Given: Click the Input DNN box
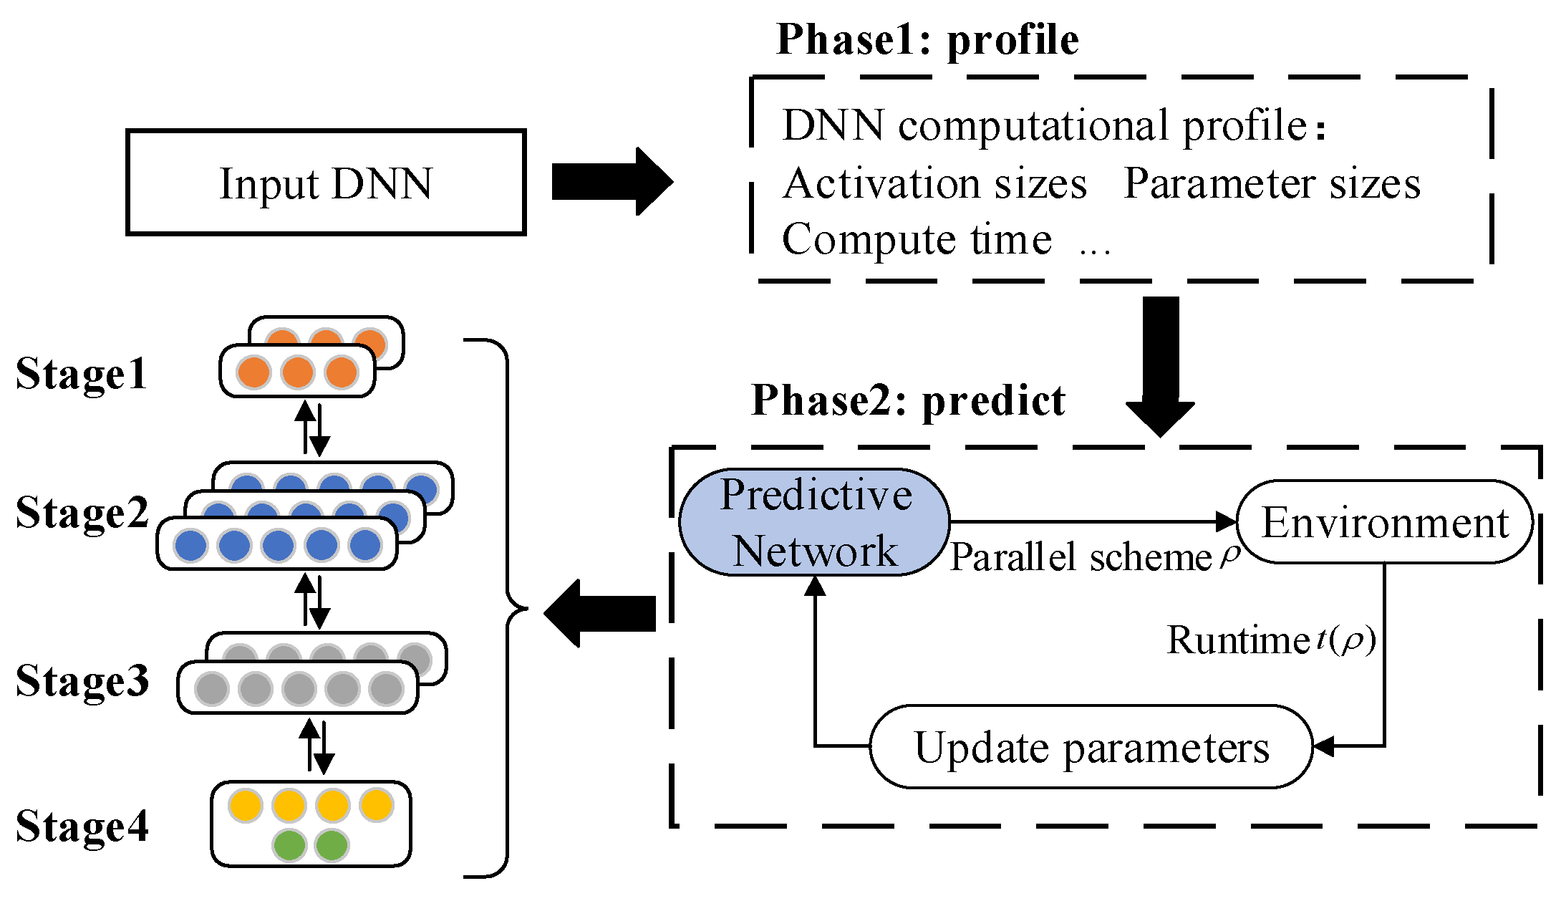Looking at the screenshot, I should pos(326,183).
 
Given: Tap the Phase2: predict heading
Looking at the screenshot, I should pos(908,400).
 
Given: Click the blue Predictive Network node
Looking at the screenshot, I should pos(814,523).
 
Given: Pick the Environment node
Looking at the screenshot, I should pos(1385,523).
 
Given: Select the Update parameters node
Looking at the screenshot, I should pos(1091,748).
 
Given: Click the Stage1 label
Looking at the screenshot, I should pos(82,374).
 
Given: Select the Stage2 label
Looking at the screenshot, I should pos(82,513).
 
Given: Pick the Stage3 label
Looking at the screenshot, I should pos(82,680).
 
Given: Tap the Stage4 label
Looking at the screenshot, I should pos(82,827).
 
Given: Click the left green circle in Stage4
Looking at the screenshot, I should pos(289,845).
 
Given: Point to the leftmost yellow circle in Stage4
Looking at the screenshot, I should pos(246,805).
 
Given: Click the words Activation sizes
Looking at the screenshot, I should pos(934,183).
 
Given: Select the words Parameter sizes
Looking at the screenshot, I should pos(1272,183).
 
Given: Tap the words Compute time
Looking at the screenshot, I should pos(917,239).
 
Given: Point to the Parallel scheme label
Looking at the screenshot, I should pos(1081,557).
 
